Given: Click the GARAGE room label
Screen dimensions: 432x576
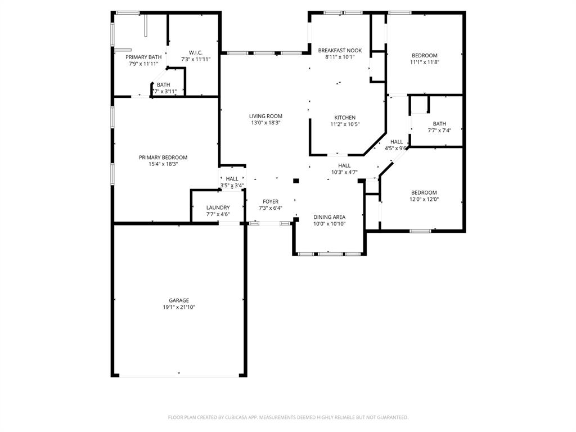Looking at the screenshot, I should point(179,300).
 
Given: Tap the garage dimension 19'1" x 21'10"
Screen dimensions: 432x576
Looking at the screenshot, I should point(179,307).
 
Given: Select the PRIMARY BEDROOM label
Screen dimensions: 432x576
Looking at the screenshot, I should point(163,157).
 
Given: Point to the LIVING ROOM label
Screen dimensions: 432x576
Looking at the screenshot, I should point(265,116).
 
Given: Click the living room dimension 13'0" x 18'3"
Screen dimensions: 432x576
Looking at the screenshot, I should point(265,123).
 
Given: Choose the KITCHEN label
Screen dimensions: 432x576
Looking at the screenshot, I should point(345,118).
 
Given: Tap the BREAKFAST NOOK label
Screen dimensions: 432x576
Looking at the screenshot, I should point(340,51).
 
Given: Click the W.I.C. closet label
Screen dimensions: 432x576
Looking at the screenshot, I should point(196,52).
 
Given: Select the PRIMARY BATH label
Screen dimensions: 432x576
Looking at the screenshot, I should point(143,57).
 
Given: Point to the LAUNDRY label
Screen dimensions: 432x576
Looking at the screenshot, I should point(218,208).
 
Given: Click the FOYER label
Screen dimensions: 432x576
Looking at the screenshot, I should point(271,201).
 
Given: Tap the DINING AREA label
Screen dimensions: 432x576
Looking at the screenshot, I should point(329,217).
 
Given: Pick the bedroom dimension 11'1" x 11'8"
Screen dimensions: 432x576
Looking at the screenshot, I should point(424,62).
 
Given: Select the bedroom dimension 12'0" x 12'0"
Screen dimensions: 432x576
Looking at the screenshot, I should point(424,199).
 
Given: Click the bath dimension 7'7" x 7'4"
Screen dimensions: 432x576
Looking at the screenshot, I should point(439,130).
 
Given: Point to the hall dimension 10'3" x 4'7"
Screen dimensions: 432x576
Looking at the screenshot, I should point(344,173).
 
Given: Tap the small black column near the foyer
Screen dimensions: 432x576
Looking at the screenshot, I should point(296,181).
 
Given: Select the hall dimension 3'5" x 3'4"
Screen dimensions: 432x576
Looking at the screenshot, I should point(232,185).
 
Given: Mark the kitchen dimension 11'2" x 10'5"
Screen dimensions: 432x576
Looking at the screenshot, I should point(345,124).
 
